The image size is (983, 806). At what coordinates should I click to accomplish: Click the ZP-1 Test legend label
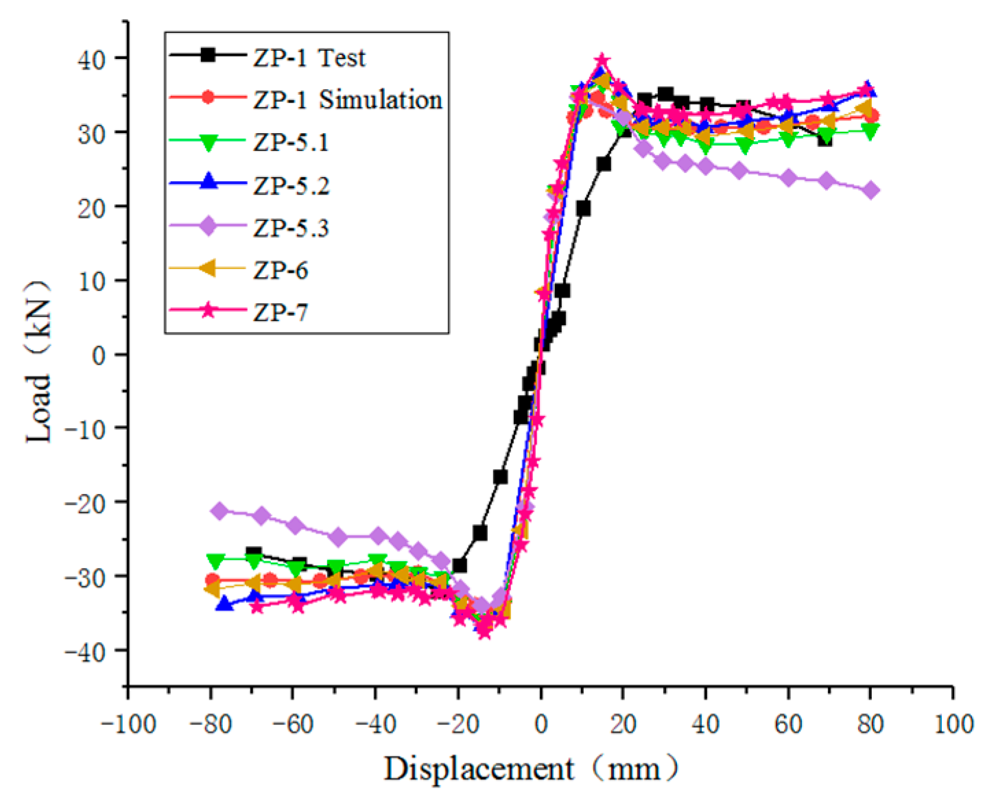click(309, 58)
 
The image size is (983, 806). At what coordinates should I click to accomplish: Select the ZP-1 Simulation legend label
click(347, 100)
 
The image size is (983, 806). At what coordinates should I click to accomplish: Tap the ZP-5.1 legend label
click(291, 143)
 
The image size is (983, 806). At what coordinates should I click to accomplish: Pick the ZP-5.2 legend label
click(291, 185)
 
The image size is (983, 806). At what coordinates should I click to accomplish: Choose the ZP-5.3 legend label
click(291, 228)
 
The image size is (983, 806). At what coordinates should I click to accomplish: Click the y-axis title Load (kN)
click(39, 361)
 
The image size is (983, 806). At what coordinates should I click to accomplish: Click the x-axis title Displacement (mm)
click(530, 769)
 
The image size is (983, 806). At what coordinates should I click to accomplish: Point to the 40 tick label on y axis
click(91, 60)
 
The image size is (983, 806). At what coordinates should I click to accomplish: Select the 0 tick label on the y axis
click(100, 355)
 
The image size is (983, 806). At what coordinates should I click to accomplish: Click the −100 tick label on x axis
click(128, 724)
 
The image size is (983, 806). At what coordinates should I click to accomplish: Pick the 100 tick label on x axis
click(953, 724)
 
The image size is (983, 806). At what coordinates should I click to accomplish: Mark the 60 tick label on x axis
click(788, 724)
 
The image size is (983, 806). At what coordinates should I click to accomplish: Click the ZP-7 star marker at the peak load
click(602, 61)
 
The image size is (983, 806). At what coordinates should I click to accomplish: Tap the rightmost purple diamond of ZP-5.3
click(871, 190)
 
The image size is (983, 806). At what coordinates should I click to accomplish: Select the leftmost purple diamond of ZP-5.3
click(220, 510)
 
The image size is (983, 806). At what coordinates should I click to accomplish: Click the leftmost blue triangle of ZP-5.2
click(224, 604)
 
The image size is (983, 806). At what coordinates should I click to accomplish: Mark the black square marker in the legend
click(208, 56)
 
